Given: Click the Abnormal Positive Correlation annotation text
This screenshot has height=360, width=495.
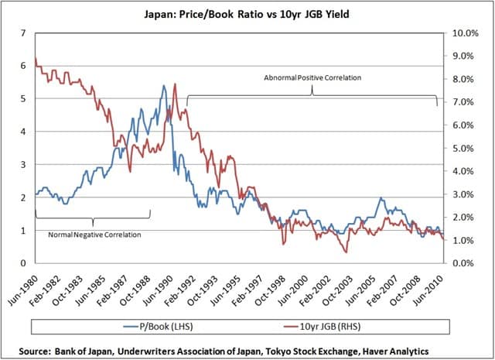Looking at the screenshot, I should (312, 78).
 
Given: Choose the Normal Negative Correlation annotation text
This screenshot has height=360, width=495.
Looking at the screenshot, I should (94, 234).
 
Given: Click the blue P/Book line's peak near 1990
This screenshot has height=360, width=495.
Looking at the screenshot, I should (163, 86).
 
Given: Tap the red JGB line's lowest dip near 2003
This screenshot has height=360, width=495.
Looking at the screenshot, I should (346, 252).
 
